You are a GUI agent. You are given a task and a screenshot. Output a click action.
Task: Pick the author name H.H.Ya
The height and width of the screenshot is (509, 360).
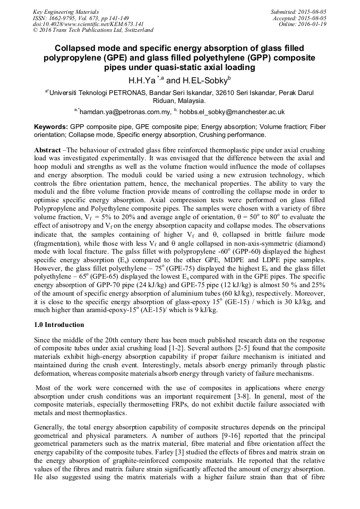(142, 81)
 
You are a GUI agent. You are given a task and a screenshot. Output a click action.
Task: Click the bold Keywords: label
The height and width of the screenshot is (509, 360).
(51, 127)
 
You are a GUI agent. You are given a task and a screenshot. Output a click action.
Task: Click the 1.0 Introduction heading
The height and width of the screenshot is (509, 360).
(58, 324)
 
